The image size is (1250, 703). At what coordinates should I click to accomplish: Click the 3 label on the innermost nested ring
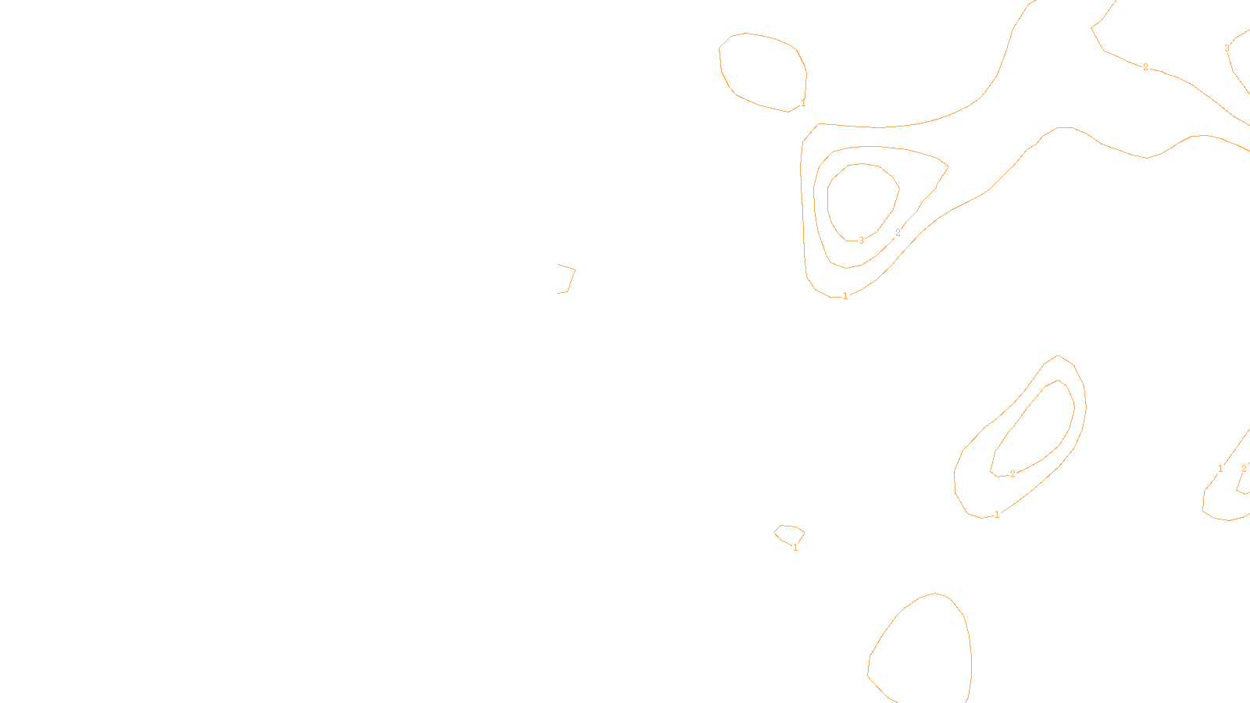[861, 241]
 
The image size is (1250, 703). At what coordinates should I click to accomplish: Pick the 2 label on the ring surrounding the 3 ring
[898, 233]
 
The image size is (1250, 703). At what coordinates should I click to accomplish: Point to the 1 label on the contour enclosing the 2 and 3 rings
[845, 296]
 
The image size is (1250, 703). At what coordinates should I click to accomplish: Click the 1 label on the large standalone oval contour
[802, 103]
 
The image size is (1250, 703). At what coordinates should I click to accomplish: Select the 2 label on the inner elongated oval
[1012, 474]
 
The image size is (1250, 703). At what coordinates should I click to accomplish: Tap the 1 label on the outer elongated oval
[997, 515]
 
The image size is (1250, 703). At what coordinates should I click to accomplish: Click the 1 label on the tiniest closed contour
[795, 548]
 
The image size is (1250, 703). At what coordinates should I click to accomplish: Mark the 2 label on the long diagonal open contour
[1145, 67]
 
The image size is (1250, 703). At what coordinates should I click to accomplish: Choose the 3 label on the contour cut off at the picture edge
[1227, 48]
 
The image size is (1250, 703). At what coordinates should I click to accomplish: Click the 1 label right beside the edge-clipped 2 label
[1220, 469]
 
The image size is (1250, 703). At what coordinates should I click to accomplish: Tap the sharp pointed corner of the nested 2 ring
[948, 166]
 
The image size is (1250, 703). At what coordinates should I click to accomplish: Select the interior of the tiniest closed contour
[789, 534]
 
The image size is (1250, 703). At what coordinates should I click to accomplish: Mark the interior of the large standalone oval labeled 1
[762, 70]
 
